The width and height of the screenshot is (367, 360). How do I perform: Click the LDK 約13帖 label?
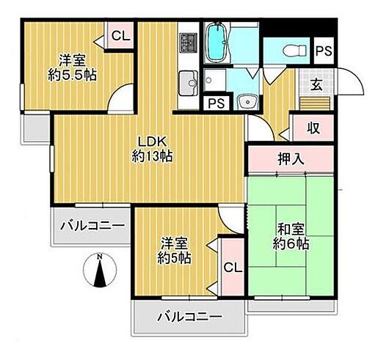[x=152, y=147]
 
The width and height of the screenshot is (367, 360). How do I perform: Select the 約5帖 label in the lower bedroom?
[x=175, y=258]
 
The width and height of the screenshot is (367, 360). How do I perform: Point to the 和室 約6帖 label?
[x=288, y=235]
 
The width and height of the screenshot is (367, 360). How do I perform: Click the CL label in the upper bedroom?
[x=120, y=34]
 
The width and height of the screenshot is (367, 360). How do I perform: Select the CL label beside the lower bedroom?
[x=231, y=269]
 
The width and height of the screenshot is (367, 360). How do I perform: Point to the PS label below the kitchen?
[x=216, y=103]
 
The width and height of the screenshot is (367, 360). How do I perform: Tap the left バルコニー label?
[x=94, y=225]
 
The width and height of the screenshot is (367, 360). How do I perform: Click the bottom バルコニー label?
[x=189, y=317]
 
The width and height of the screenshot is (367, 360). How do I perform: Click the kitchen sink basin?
[x=187, y=78]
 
